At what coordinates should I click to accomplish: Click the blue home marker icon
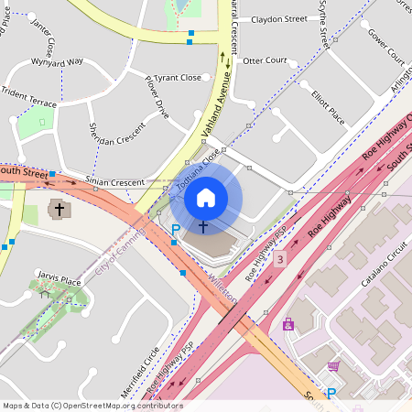(x=206, y=197)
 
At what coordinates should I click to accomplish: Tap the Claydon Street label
(x=279, y=18)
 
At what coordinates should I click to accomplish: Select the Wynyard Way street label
(x=57, y=62)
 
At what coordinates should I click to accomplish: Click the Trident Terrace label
(x=28, y=93)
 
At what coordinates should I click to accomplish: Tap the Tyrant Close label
(x=177, y=78)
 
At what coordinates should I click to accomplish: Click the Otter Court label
(x=265, y=60)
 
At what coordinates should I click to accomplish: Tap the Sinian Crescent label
(x=114, y=182)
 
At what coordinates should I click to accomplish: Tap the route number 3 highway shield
(x=279, y=260)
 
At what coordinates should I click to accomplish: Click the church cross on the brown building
(x=60, y=210)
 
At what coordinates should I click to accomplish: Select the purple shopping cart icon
(x=333, y=366)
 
